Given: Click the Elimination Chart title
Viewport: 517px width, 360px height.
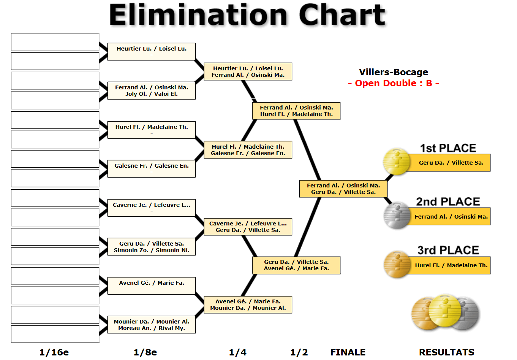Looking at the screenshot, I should (x=247, y=15).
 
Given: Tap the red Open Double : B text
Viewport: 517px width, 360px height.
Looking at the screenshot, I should (x=393, y=83).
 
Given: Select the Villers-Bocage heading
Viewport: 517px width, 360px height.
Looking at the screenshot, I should (x=393, y=72).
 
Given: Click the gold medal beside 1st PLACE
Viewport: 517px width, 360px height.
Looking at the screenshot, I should (x=396, y=162).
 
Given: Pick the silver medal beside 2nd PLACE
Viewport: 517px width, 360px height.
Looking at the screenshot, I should (x=397, y=216).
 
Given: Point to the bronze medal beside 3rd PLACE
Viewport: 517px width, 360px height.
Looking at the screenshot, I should (x=397, y=264).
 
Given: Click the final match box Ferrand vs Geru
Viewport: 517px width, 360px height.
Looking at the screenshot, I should (x=343, y=189).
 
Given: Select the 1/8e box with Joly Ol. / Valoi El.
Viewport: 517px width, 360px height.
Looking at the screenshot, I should (x=152, y=91).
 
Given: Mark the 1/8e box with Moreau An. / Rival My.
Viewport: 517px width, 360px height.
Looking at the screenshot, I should (x=152, y=325).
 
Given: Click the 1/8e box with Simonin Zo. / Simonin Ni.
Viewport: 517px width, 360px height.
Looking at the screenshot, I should (x=152, y=247).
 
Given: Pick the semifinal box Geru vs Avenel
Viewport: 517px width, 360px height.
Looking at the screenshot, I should (x=296, y=265).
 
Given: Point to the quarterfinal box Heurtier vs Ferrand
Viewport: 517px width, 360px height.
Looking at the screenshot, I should (x=248, y=71).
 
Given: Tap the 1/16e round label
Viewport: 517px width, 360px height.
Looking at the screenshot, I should (x=54, y=352).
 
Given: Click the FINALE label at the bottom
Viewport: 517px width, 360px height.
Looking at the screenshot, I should (x=348, y=352).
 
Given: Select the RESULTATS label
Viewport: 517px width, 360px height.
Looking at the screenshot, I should (x=446, y=352).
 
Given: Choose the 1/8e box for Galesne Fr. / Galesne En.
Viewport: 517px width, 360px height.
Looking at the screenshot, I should (x=152, y=168).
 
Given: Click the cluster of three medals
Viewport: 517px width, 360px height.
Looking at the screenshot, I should (x=445, y=312).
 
